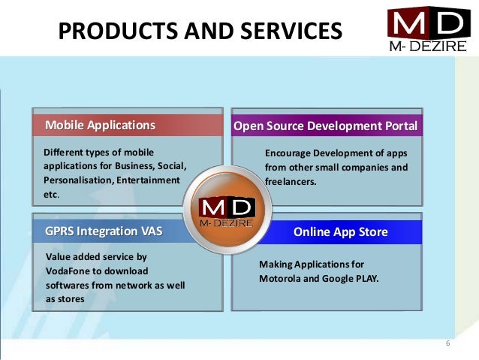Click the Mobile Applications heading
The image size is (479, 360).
point(100,125)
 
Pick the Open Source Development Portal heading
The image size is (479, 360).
point(325,126)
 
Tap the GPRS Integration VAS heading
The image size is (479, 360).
point(104,230)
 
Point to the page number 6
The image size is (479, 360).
point(447,344)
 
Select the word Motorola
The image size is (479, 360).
point(281,279)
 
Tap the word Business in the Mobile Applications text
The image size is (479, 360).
point(131,166)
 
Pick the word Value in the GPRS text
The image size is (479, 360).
point(59,256)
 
